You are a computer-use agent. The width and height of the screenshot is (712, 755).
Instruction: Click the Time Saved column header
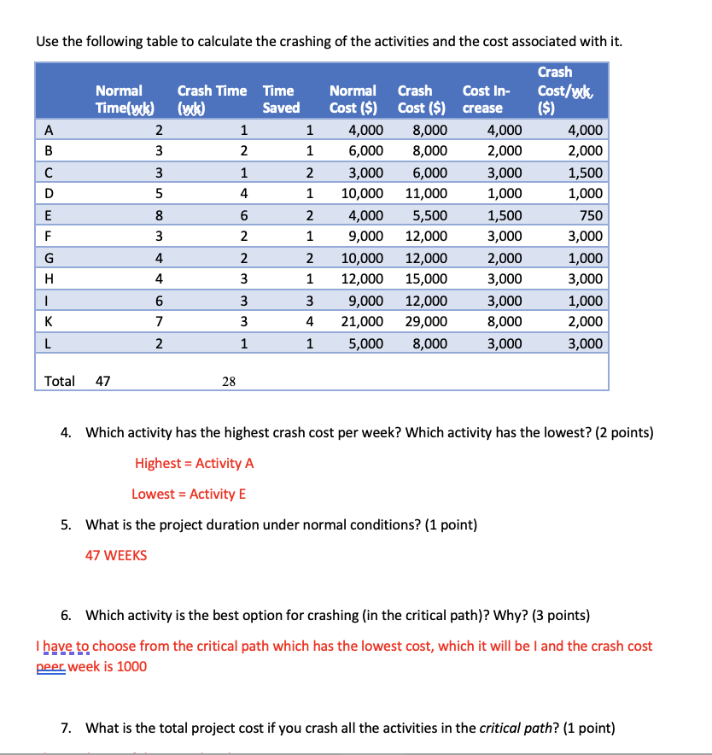(281, 99)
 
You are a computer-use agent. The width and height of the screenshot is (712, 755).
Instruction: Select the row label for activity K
(50, 322)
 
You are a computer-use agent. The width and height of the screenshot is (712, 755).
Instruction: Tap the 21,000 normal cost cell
(362, 322)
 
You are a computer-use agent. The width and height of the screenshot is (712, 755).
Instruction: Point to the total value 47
(102, 381)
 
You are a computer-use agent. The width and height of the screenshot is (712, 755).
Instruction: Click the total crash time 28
(229, 382)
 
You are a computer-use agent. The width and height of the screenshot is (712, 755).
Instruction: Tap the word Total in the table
(60, 381)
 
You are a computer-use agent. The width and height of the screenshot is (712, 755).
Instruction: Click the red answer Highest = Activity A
(194, 463)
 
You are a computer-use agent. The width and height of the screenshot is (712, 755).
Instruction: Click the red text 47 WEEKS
(116, 555)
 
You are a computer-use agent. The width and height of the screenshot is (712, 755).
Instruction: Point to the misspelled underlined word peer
(51, 666)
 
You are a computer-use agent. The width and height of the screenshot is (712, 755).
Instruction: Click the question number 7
(66, 729)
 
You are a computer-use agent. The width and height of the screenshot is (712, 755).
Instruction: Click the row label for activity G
(50, 258)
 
